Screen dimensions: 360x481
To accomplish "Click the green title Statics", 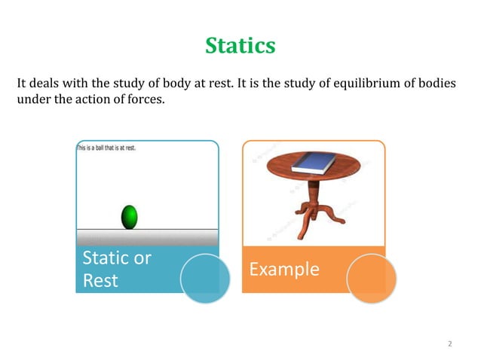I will pos(240,46).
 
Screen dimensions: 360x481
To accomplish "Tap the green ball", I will pos(130,216).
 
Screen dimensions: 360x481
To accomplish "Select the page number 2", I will pos(450,344).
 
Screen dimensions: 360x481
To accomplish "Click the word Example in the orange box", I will pos(284,269).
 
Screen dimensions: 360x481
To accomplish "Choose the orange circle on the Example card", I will pos(371,279).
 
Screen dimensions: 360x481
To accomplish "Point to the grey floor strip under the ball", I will pos(147,237).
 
